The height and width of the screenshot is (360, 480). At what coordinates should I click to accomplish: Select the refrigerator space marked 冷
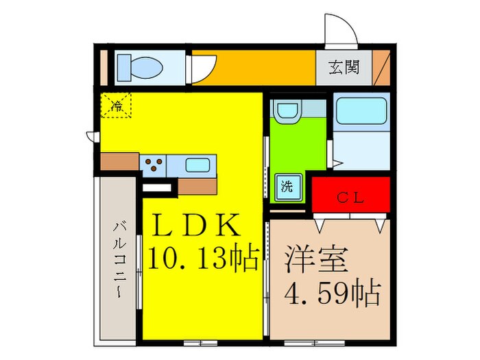[117, 106]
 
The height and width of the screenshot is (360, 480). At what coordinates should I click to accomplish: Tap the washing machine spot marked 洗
[289, 186]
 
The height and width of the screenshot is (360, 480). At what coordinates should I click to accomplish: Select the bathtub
[361, 111]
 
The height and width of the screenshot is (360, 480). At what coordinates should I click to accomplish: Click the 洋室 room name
[316, 260]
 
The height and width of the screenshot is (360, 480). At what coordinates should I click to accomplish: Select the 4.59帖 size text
[333, 294]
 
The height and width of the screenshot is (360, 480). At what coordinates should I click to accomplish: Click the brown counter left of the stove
[120, 162]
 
